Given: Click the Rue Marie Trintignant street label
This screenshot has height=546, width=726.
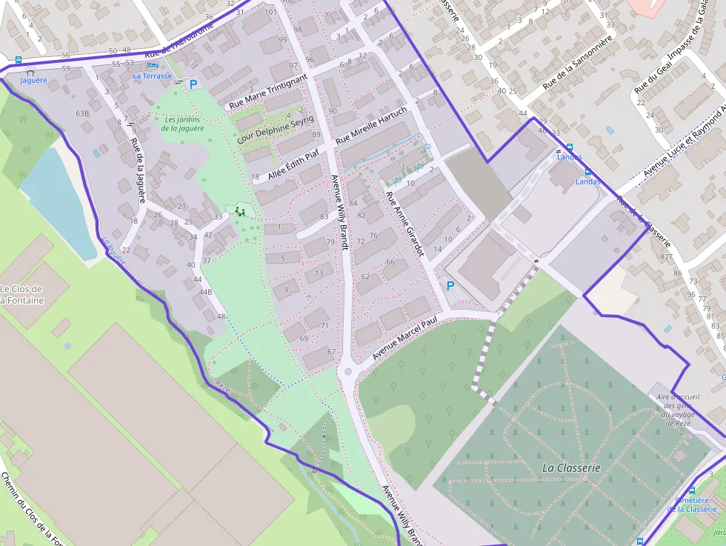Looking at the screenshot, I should click(x=267, y=92).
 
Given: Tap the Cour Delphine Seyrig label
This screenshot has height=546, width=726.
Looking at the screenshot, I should click(x=276, y=130).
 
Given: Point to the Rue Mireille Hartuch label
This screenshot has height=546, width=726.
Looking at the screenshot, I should click(x=371, y=125).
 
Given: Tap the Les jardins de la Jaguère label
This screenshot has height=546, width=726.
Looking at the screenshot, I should click(x=181, y=124).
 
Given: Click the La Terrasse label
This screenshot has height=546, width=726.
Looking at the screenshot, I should click(x=152, y=76).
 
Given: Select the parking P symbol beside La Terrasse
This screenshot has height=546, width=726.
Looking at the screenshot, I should click(x=193, y=84).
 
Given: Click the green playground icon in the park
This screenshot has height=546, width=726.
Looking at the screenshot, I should click(x=239, y=212).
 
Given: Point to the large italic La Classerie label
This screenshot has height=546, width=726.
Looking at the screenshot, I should click(x=571, y=467).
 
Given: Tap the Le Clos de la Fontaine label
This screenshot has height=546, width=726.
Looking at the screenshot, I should click(x=21, y=294).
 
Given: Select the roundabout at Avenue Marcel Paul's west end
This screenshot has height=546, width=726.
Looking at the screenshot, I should click(x=347, y=371).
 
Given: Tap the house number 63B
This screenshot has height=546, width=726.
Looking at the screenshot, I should click(x=82, y=113).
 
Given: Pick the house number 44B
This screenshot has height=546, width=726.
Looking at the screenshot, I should click(x=204, y=292).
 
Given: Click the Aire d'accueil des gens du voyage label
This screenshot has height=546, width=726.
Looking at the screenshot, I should click(x=673, y=410).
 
